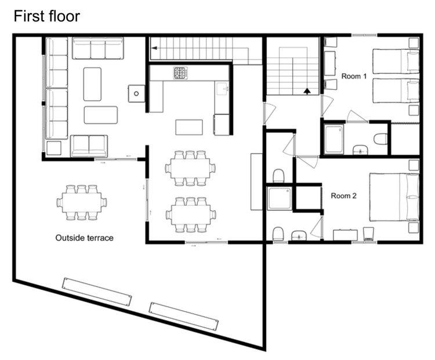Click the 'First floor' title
pyautogui.click(x=46, y=16)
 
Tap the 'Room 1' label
pyautogui.click(x=354, y=76)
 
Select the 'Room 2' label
pyautogui.click(x=343, y=196)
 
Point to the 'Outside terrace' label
pyautogui.click(x=84, y=238)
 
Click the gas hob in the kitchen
pyautogui.click(x=180, y=73)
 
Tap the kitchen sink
pyautogui.click(x=222, y=89)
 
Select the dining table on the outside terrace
pyautogui.click(x=82, y=202)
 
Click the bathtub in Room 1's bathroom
pyautogui.click(x=334, y=139)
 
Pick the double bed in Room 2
pyautogui.click(x=394, y=197)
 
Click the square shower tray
pyautogui.click(x=280, y=198)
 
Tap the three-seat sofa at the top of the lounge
pyautogui.click(x=98, y=48)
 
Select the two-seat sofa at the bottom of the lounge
pyautogui.click(x=89, y=146)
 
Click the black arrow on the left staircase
pyautogui.click(x=154, y=48)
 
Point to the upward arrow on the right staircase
pyautogui.click(x=307, y=91)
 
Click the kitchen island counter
pyautogui.click(x=189, y=127)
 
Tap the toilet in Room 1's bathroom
pyautogui.click(x=380, y=139)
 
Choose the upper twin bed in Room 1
pyautogui.click(x=396, y=61)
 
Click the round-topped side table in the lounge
pyautogui.click(x=136, y=94)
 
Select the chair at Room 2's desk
pyautogui.click(x=368, y=234)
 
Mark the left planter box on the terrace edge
pyautogui.click(x=97, y=292)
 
